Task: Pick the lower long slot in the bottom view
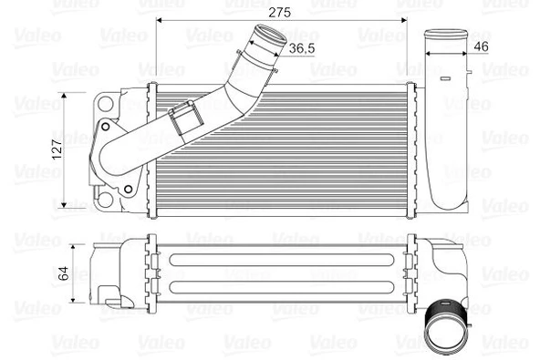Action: (284, 287)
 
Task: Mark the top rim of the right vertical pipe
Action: (447, 35)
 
